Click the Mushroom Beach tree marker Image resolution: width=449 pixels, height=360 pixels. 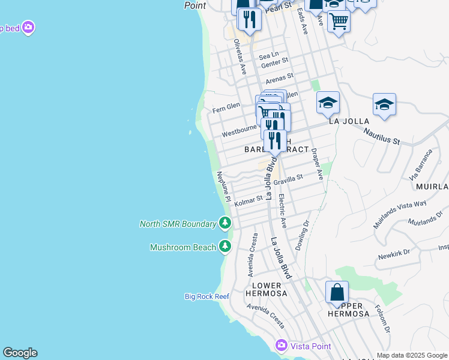click(224, 247)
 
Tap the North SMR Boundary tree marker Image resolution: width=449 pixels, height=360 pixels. click(224, 224)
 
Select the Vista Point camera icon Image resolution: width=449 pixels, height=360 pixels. click(282, 346)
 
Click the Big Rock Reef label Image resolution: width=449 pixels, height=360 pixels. click(206, 296)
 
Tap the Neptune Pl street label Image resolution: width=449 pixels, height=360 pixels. click(223, 185)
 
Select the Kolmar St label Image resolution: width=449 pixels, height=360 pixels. click(249, 201)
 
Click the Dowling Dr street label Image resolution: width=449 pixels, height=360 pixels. click(302, 235)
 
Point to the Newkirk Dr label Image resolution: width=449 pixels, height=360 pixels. click(394, 255)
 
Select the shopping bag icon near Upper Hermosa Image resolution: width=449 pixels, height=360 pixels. click(337, 293)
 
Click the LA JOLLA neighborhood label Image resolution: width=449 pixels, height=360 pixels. click(349, 121)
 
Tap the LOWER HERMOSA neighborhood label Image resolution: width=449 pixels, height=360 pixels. click(264, 289)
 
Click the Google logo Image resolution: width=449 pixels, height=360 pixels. click(20, 353)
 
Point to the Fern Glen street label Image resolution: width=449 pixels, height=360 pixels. click(226, 107)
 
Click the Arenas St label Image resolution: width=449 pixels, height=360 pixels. click(279, 77)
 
